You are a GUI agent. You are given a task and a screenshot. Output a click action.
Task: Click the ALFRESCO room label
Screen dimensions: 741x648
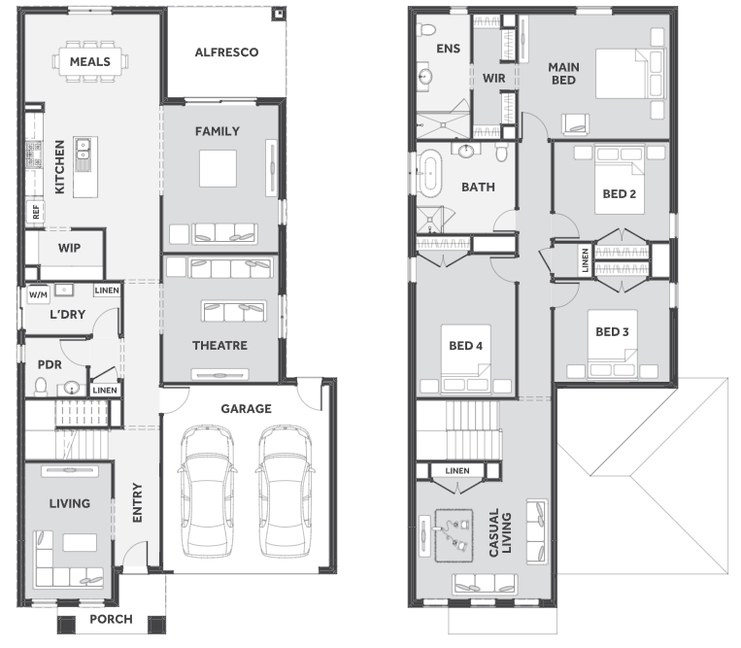pos(226,52)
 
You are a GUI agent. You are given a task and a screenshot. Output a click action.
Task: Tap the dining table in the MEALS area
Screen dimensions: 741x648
pos(89,61)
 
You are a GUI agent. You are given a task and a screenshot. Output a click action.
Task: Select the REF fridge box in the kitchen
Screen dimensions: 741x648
pos(36,212)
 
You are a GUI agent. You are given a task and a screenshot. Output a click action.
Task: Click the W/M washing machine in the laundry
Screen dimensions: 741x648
pos(38,295)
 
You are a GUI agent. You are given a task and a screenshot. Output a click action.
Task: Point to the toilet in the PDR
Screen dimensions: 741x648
pos(41,386)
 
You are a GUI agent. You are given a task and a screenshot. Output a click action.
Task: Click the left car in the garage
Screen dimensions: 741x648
pos(208,491)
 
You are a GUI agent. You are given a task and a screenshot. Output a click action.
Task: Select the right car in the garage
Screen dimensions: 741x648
pos(285,491)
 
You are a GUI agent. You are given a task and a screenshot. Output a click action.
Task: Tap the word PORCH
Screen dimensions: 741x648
pos(111,619)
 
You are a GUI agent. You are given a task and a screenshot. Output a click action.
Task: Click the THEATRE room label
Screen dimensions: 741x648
pos(219,346)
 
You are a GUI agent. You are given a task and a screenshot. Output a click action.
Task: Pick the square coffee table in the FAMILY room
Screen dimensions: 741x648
pos(218,168)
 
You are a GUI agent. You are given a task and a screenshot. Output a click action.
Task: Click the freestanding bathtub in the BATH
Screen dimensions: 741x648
pos(430,174)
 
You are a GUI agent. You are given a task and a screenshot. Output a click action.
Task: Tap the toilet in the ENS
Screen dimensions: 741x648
pos(427,30)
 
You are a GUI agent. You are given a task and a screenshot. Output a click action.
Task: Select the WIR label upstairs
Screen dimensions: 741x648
pos(494,78)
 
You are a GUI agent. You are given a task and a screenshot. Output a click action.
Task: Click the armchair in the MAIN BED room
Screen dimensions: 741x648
pos(576,124)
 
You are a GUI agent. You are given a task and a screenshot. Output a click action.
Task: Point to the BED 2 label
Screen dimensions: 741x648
pos(619,193)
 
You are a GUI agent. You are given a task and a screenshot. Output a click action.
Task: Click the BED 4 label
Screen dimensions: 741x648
pos(465,346)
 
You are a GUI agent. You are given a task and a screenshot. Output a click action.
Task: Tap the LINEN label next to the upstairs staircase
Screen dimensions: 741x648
pos(457,471)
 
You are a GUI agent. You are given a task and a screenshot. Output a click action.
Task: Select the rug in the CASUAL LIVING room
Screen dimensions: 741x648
pos(454,535)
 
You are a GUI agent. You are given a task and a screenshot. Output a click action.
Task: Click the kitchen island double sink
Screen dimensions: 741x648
pos(83,149)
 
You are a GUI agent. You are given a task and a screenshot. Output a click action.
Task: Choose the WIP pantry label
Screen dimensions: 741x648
pos(70,248)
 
